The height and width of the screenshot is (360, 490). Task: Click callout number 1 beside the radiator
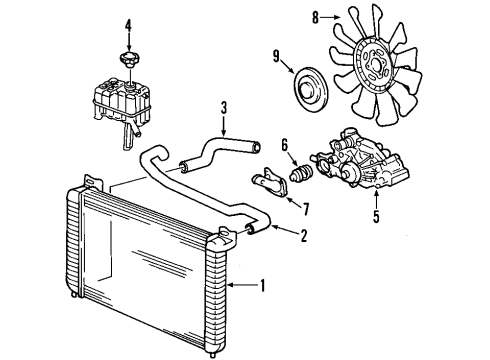point(263,286)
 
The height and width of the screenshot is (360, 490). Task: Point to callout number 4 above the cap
point(128,23)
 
